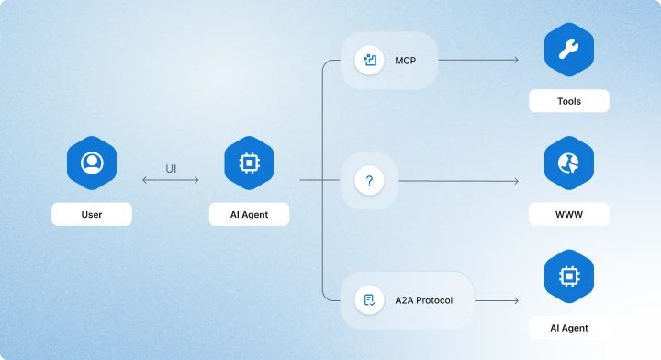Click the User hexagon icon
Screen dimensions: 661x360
92,163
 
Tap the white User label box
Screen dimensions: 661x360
92,214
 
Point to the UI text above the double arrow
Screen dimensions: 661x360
171,169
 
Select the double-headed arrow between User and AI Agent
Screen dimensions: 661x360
171,180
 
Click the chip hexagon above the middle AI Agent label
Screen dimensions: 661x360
249,163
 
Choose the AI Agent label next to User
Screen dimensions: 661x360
249,214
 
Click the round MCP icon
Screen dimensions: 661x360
369,61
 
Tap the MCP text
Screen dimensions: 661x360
406,61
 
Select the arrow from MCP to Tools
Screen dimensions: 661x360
478,61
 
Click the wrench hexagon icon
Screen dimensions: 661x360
569,50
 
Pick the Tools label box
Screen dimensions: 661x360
569,101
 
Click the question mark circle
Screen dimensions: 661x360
369,181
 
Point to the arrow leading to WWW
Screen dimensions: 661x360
459,181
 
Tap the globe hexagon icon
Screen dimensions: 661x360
569,163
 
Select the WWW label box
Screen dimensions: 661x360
569,214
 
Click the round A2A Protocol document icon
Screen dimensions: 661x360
369,300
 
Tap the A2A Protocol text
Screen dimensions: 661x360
423,300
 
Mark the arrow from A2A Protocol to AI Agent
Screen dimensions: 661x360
497,300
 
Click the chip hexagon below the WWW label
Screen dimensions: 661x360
569,276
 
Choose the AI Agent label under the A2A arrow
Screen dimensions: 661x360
569,328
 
